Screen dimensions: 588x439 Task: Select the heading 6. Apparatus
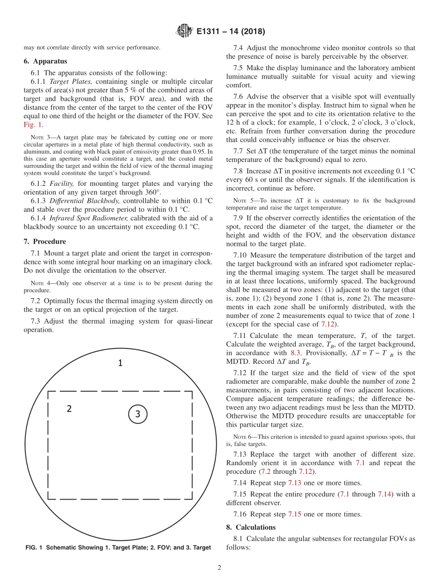45,61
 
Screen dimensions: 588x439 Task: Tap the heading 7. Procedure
45,241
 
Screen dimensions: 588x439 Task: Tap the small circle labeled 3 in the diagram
137,414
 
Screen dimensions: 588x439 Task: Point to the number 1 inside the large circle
120,363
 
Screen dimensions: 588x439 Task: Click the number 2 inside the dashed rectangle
69,409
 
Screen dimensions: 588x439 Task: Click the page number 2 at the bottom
219,568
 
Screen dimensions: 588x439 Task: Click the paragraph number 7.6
238,97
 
